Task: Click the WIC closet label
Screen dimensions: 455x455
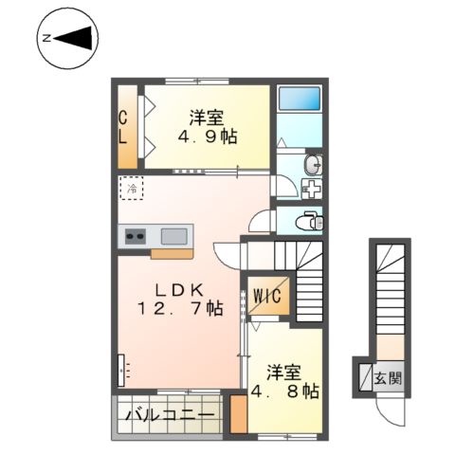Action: [268, 295]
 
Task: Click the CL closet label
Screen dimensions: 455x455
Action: [123, 126]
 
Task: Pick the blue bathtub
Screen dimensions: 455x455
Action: [300, 100]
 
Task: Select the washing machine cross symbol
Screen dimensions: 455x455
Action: [312, 188]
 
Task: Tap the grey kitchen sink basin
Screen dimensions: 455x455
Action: [173, 235]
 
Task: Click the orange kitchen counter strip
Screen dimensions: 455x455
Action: [171, 253]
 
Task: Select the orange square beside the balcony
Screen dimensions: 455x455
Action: [239, 414]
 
